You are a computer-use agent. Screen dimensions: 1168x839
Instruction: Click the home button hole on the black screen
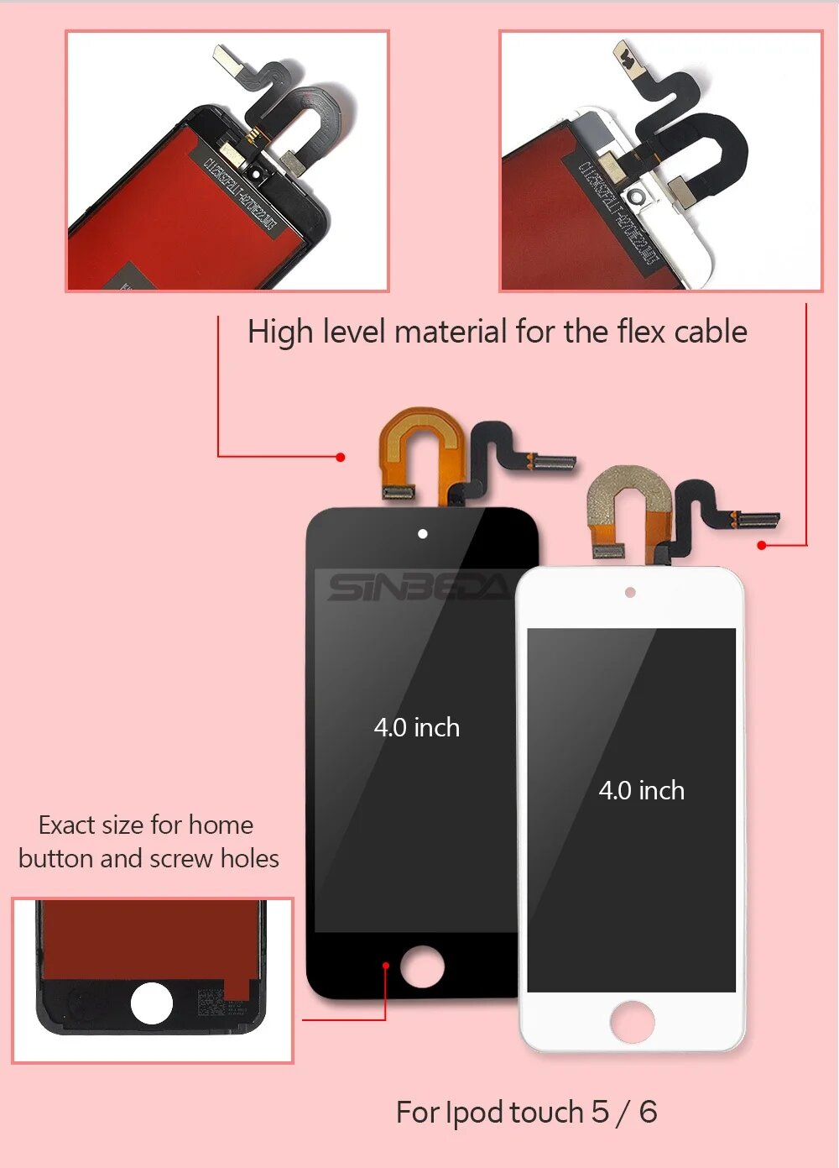click(x=422, y=966)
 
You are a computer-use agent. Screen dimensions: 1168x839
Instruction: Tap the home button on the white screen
click(x=632, y=1021)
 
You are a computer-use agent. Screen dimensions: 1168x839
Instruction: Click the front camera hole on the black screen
click(x=423, y=534)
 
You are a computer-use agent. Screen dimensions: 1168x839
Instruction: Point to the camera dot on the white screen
click(x=630, y=593)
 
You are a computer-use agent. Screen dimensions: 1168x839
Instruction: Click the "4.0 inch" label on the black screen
click(x=417, y=727)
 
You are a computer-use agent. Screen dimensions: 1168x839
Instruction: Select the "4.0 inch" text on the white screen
click(x=642, y=790)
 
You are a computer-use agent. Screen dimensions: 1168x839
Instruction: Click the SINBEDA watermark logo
click(x=417, y=587)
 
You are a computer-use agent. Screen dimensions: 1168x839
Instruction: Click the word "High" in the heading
click(x=280, y=333)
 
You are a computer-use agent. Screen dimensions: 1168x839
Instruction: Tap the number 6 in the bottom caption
click(x=648, y=1113)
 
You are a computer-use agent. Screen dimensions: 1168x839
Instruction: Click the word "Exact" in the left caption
click(x=66, y=825)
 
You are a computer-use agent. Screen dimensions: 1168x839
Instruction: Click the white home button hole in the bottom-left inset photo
click(x=152, y=1003)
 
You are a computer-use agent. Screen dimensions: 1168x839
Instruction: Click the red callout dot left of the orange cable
click(x=340, y=457)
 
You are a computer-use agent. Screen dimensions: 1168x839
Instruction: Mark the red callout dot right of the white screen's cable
click(x=762, y=545)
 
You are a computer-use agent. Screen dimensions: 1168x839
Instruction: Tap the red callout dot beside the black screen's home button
click(x=386, y=966)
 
